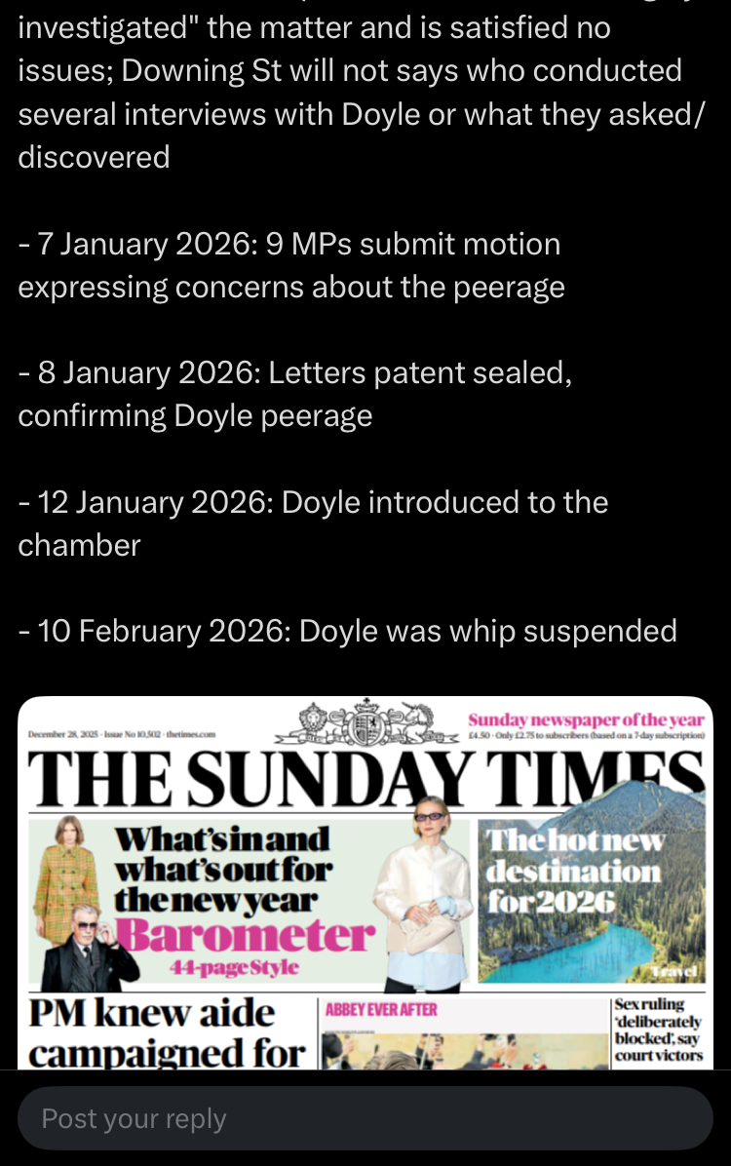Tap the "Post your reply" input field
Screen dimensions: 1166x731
365,1118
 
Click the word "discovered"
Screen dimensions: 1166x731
94,156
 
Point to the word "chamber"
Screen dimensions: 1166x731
79,545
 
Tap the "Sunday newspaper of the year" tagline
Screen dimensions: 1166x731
585,720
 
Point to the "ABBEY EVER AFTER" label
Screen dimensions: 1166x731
381,1010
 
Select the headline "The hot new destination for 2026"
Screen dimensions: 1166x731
574,870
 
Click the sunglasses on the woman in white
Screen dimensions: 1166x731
431,816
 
